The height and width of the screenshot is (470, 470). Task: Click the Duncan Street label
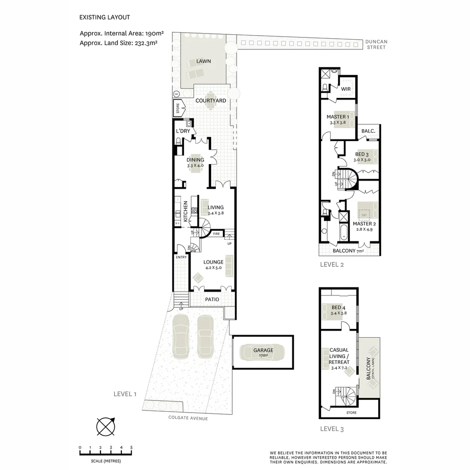(376, 44)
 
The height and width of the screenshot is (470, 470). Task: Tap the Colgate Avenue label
(188, 418)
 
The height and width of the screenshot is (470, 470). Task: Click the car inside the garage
(263, 352)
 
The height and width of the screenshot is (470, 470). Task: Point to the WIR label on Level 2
(346, 89)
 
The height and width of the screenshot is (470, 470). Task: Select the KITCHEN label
(185, 211)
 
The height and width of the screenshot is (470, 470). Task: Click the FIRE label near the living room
(216, 234)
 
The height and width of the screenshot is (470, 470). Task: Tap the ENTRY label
(181, 257)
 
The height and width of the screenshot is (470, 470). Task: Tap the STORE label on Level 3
(351, 413)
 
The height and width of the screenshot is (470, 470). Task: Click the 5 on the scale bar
(131, 447)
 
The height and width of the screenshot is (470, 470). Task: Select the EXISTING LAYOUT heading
(104, 17)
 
